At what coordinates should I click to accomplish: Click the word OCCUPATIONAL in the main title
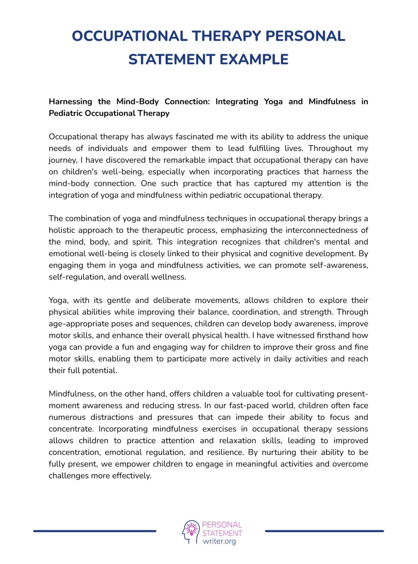(x=130, y=36)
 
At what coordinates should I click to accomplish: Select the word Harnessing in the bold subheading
(x=71, y=102)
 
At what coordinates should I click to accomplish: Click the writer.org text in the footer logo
(x=219, y=541)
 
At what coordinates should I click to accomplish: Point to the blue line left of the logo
(x=95, y=531)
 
